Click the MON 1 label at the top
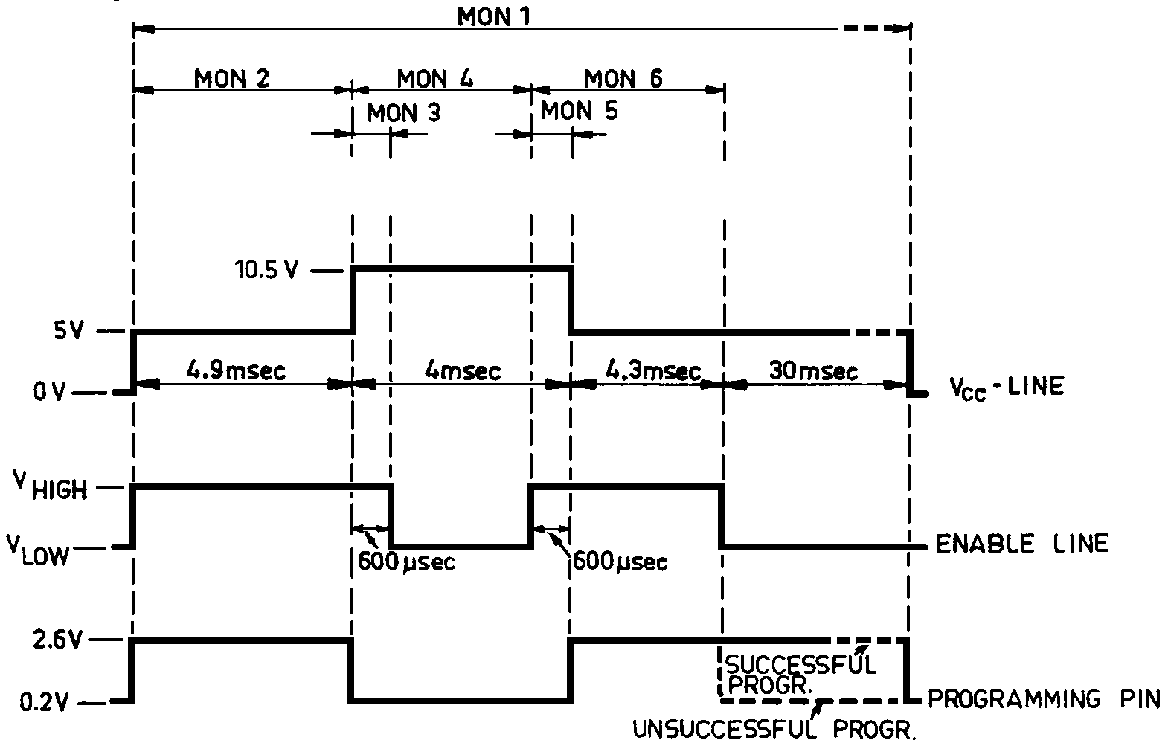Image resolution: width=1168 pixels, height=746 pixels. [x=493, y=16]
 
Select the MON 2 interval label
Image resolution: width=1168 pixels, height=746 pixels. [x=231, y=78]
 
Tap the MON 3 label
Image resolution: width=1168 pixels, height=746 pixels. [x=403, y=113]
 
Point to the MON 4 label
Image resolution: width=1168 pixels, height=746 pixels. [x=434, y=78]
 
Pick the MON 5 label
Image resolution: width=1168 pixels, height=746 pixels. [x=579, y=112]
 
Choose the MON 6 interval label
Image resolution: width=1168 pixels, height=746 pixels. [x=623, y=78]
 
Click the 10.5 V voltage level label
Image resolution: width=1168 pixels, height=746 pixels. [x=267, y=270]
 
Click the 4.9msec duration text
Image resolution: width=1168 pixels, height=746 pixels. [x=235, y=370]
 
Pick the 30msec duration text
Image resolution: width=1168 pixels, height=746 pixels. [x=813, y=370]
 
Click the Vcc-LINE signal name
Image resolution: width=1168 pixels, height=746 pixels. [x=1007, y=387]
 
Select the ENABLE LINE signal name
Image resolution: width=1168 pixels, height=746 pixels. [x=1021, y=544]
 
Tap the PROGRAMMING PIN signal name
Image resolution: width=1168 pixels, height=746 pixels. [x=1044, y=699]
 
